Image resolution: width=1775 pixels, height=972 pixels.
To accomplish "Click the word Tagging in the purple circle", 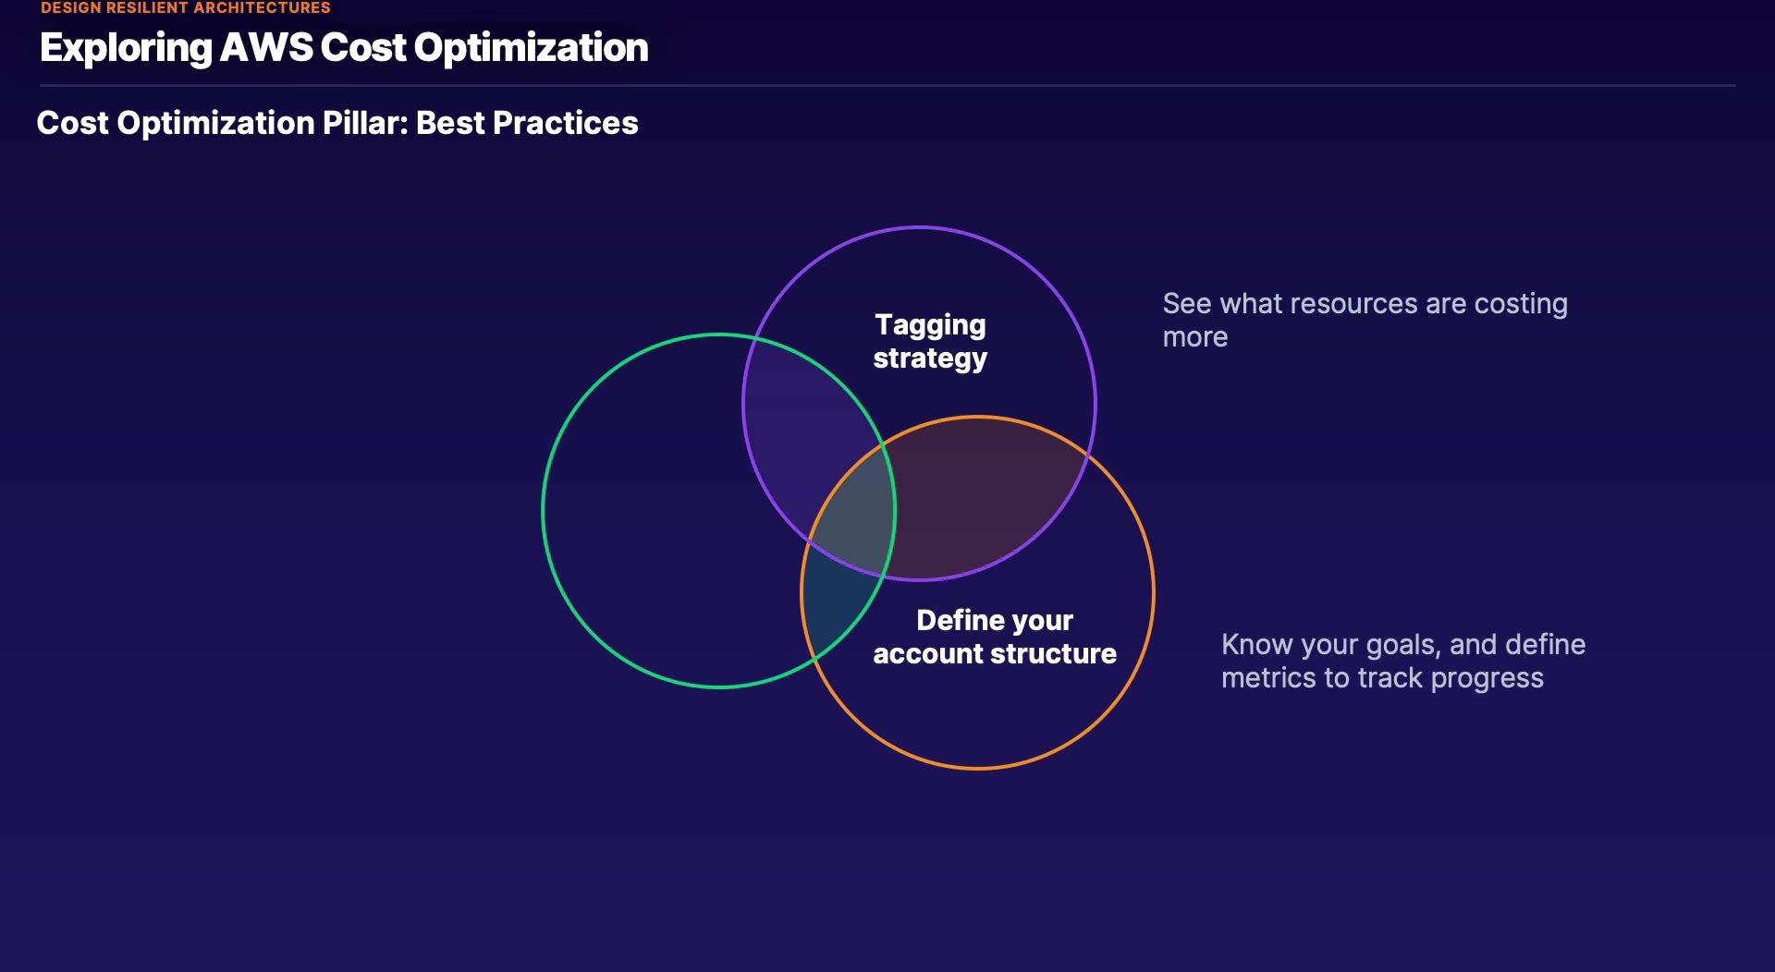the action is coord(930,325).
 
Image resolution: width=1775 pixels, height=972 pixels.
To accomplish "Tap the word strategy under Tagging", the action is coord(930,358).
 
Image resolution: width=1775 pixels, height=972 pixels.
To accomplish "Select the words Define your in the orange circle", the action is coord(995,620).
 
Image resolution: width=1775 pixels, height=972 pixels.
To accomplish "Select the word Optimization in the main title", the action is coord(532,48).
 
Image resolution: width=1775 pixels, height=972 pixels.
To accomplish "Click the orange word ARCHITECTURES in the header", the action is coord(263,7).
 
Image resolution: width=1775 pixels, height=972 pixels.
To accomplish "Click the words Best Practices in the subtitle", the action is coord(527,123).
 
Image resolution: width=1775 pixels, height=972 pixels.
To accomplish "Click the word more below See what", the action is coord(1195,337).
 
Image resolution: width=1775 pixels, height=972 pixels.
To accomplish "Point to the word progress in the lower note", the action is coord(1487,679).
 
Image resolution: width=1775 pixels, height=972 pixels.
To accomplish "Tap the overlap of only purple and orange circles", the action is coord(980,499).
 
